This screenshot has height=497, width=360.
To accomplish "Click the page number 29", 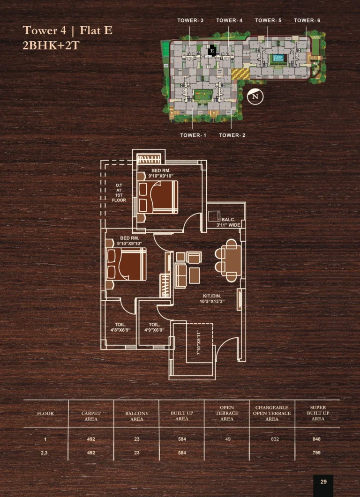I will (323, 482).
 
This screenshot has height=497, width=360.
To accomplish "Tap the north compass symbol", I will (255, 96).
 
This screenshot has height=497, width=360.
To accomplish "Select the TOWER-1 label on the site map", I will (193, 135).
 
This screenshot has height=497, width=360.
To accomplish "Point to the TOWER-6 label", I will (307, 21).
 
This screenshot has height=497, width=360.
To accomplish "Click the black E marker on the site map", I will (212, 50).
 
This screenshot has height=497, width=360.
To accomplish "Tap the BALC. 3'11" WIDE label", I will (228, 222).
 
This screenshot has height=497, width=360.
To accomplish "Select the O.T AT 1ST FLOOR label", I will (119, 193).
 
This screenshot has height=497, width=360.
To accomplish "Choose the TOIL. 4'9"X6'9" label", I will (155, 327).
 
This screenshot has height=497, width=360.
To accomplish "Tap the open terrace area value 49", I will (227, 439).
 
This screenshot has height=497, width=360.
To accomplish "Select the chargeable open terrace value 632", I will (272, 439).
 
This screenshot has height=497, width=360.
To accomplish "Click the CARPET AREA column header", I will (91, 416).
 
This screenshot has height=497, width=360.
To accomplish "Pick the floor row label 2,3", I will (45, 453).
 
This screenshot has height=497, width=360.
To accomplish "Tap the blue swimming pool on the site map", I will (278, 58).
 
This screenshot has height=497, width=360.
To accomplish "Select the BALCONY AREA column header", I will (136, 416).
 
